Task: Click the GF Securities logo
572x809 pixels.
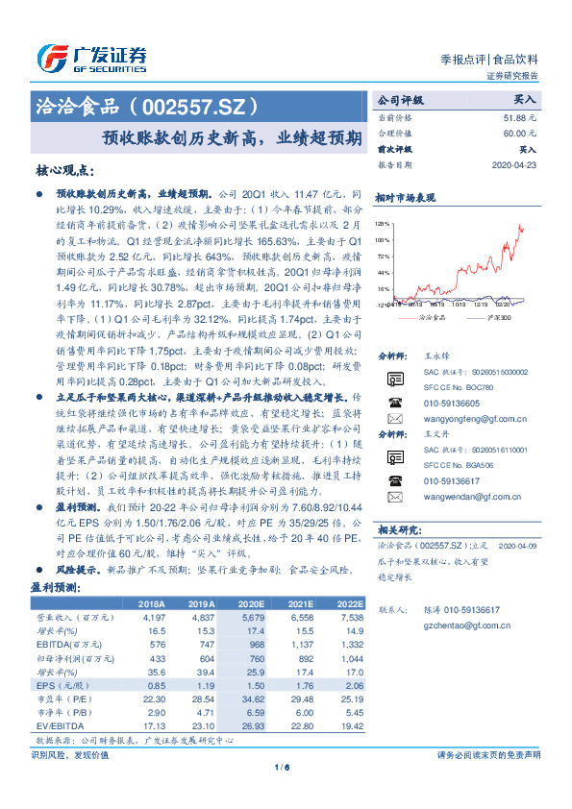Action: pyautogui.click(x=91, y=56)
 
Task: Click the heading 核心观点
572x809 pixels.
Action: pyautogui.click(x=64, y=171)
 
